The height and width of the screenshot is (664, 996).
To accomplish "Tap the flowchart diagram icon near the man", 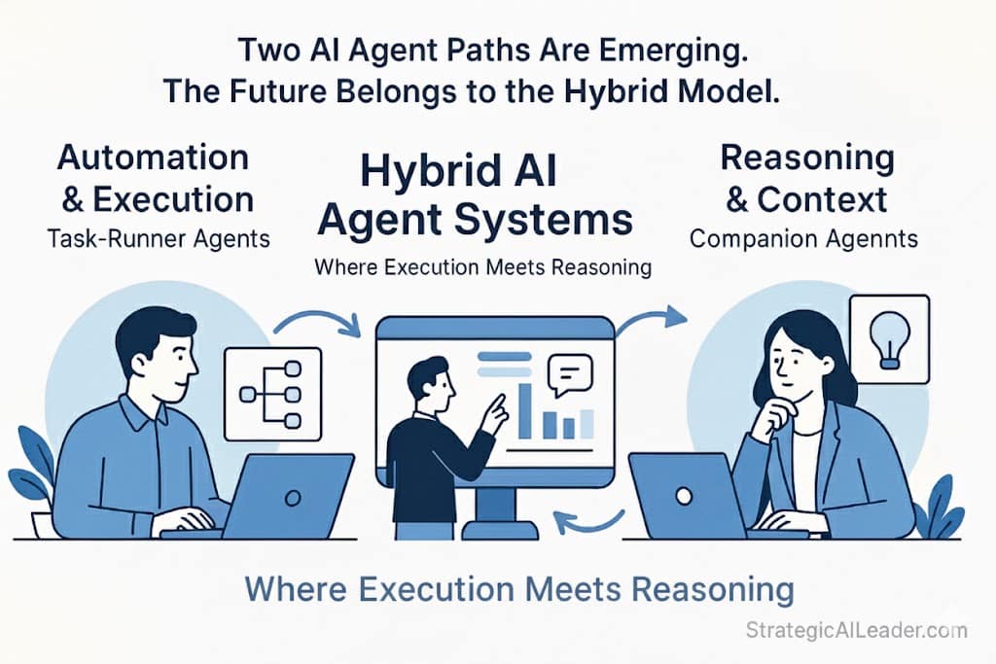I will click(272, 394).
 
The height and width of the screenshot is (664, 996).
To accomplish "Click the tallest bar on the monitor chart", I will click(524, 409).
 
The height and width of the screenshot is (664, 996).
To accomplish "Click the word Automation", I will click(153, 157).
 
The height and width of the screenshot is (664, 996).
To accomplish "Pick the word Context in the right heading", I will click(822, 199).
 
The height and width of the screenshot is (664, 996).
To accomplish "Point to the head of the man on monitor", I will click(427, 376).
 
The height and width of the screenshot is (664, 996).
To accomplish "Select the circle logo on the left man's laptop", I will click(292, 496).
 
